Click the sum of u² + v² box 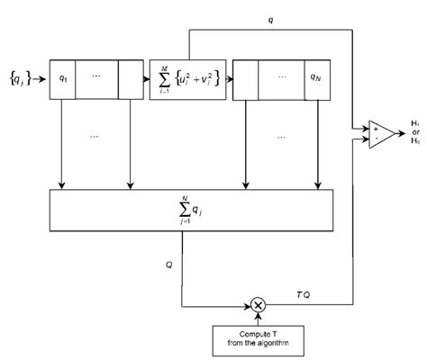tap(187, 79)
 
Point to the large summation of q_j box tap(190, 214)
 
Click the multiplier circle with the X tap(259, 305)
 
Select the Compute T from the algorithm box tap(259, 343)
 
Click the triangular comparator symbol tap(378, 134)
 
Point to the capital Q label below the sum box tap(169, 267)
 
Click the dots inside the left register tap(97, 76)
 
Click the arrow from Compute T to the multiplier tap(259, 320)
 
